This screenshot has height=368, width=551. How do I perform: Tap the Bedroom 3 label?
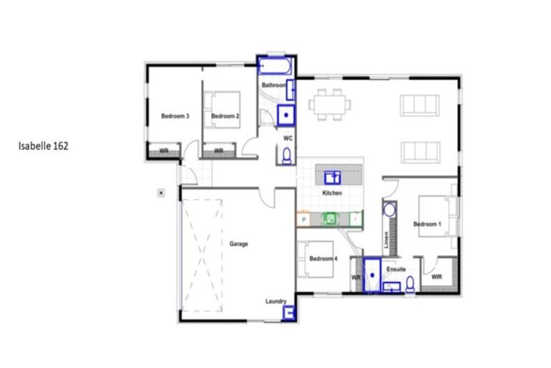174,116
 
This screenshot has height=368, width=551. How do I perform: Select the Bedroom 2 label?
225,116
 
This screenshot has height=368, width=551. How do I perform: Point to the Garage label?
239,244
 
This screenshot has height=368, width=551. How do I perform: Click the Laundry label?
275,301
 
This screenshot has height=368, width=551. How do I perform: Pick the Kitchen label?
331,193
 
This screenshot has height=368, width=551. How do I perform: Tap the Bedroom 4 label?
323,258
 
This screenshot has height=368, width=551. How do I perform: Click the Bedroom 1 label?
426,224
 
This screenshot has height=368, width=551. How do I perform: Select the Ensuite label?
396,269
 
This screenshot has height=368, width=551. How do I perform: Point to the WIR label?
436,275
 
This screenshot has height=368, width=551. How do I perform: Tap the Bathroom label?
273,86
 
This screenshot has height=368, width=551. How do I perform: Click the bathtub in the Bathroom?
275,68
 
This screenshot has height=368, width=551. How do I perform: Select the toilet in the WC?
286,155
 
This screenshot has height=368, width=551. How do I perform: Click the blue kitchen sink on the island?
332,175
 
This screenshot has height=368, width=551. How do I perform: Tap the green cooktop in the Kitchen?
331,218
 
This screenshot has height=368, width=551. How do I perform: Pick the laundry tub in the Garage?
290,313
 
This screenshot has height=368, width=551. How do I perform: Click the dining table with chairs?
330,104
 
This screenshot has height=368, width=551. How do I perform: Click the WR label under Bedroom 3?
164,151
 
